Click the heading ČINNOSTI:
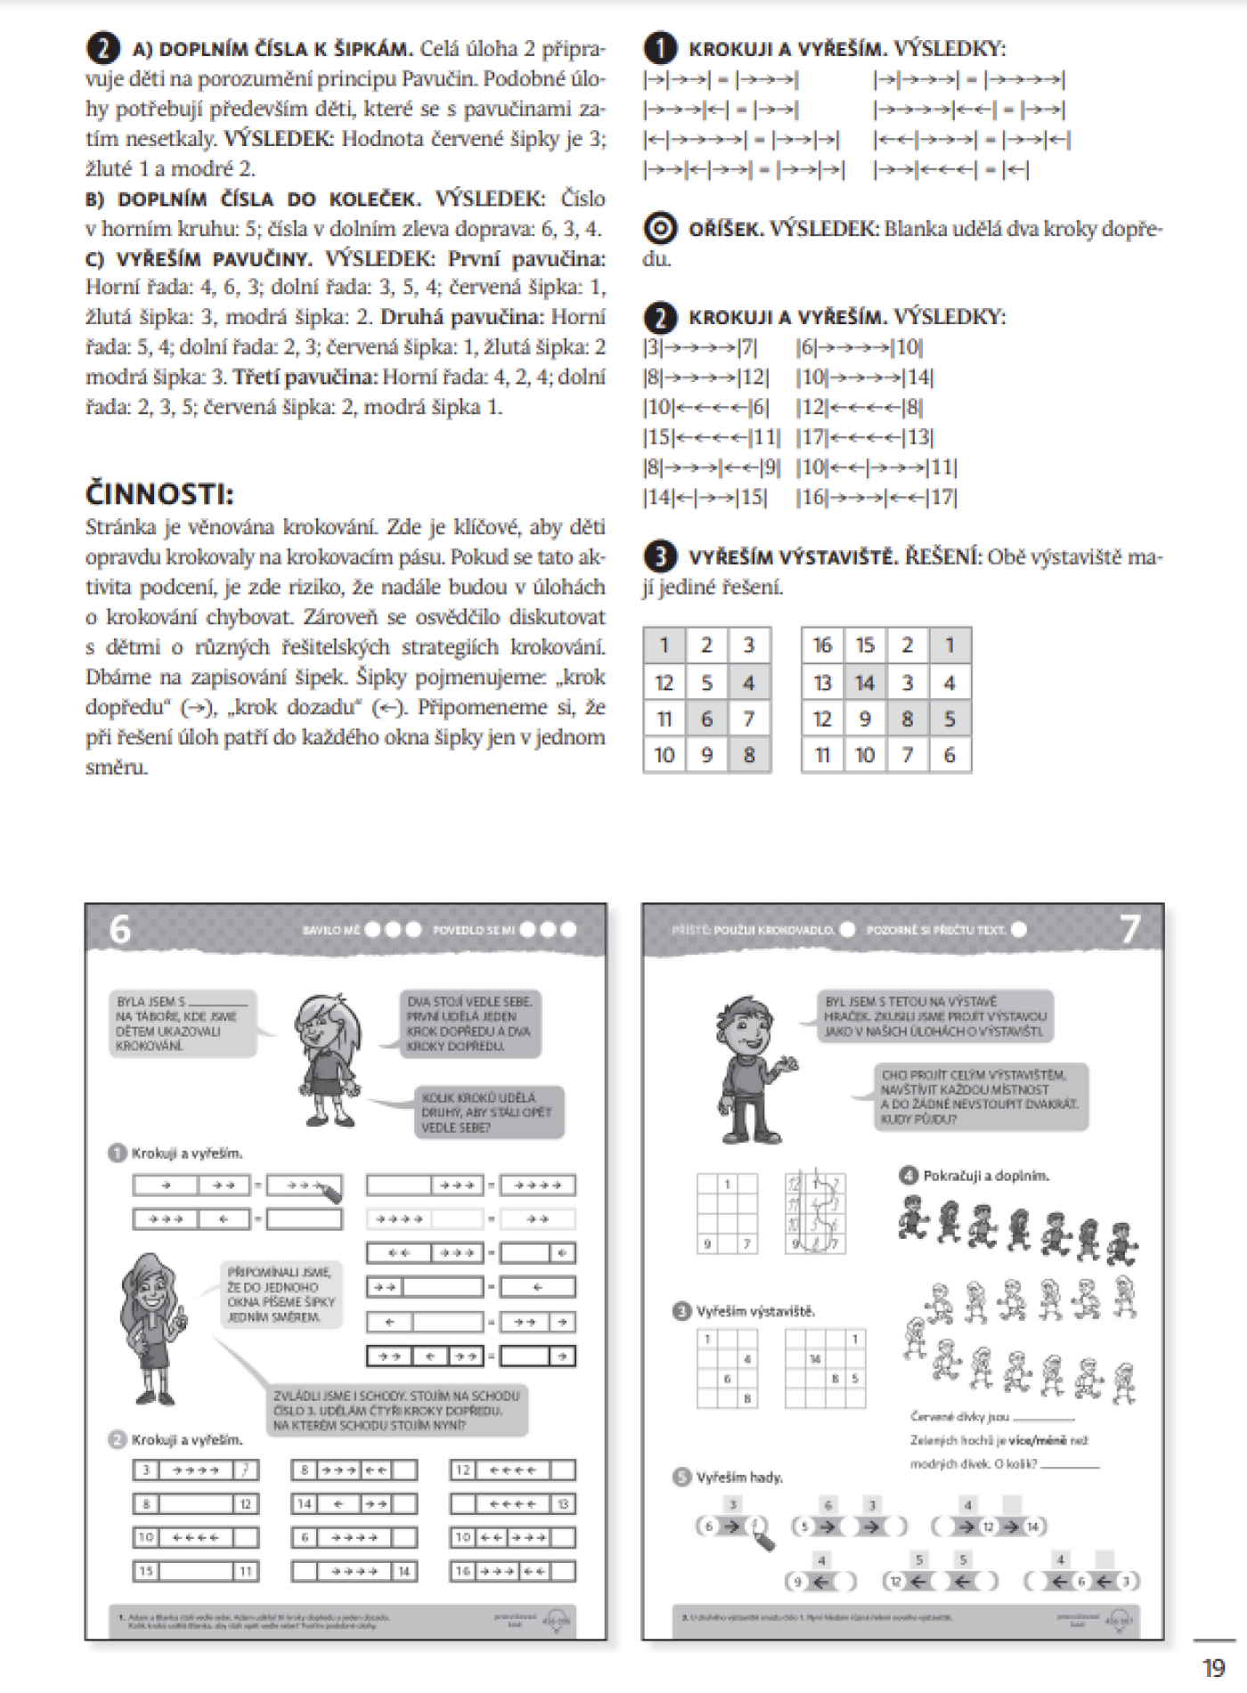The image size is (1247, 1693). [x=160, y=493]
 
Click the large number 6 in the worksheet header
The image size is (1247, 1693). [x=120, y=929]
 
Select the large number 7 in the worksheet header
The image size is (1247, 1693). [x=1129, y=929]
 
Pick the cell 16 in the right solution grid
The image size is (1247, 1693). [x=822, y=645]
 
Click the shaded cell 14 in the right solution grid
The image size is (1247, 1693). [x=864, y=683]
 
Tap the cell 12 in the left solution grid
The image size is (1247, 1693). [x=664, y=683]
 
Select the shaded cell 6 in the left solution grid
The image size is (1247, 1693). [x=706, y=719]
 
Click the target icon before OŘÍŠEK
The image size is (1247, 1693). [x=660, y=230]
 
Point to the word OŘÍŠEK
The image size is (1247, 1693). [x=726, y=230]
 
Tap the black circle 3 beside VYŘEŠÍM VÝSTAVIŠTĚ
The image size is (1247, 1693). [x=660, y=558]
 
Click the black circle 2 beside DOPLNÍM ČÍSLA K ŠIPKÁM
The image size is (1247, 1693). [x=102, y=49]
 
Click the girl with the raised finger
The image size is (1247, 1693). [x=151, y=1327]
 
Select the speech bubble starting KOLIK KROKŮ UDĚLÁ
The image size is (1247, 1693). [x=488, y=1112]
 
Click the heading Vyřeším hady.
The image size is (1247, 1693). [x=739, y=1477]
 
